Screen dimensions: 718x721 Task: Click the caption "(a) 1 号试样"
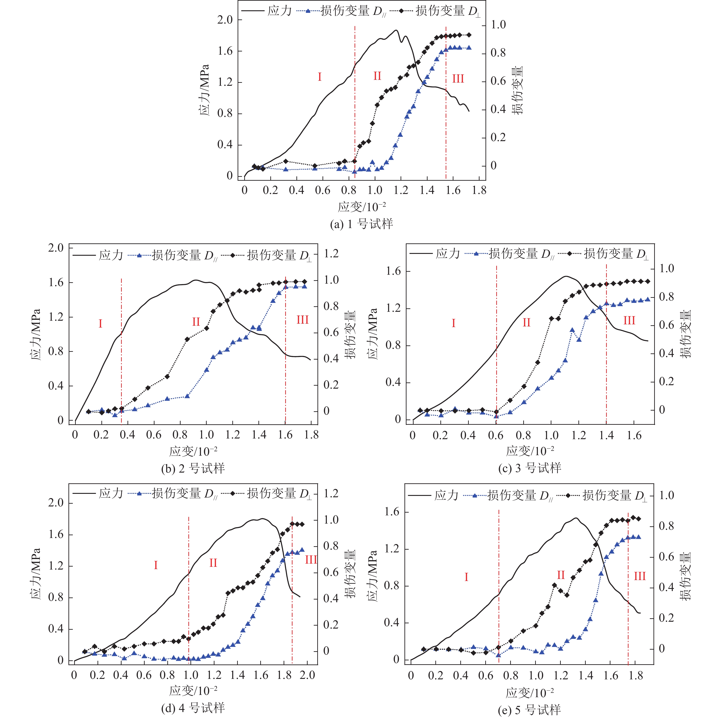click(x=361, y=224)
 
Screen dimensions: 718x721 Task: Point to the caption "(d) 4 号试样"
click(x=193, y=707)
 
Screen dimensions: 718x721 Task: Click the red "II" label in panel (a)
click(x=377, y=76)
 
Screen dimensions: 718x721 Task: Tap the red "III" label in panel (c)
click(x=629, y=320)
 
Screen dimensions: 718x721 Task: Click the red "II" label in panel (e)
click(x=561, y=575)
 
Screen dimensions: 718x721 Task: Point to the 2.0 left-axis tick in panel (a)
click(x=225, y=19)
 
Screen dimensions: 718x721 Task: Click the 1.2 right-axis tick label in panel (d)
click(x=331, y=493)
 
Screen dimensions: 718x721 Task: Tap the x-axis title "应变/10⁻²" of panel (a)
click(x=361, y=207)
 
